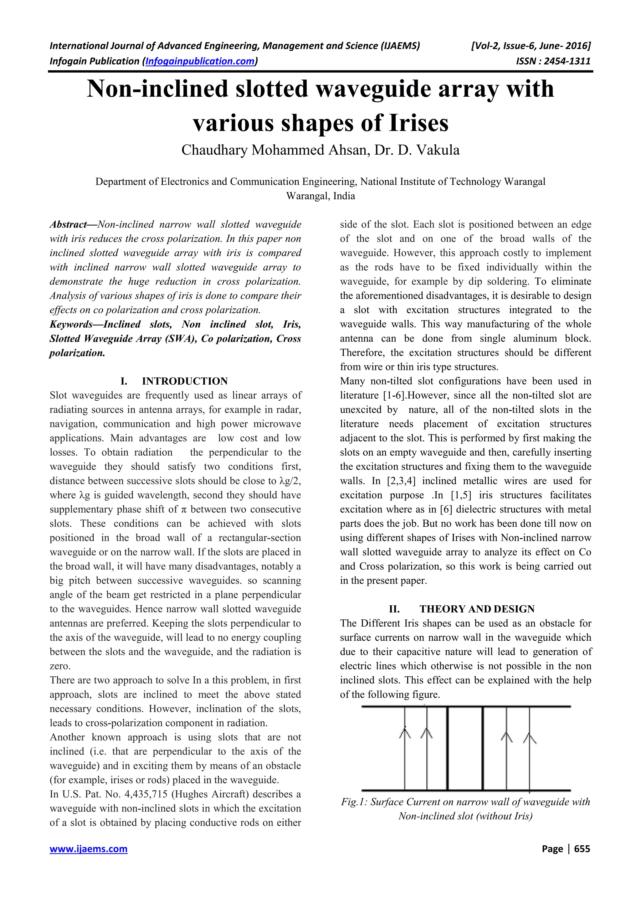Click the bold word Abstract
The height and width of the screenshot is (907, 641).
point(68,225)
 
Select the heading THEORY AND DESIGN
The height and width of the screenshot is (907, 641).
point(477,609)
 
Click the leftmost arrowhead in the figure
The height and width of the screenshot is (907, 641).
point(405,734)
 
